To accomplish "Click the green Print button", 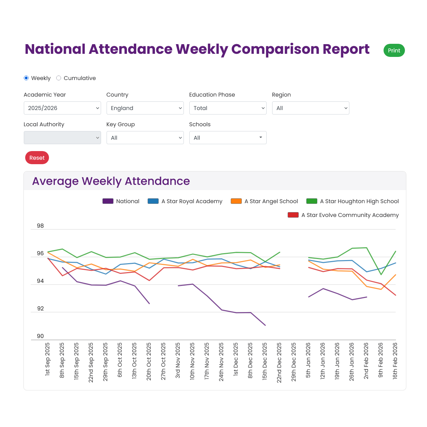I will (x=394, y=50).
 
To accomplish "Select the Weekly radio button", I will (x=26, y=78).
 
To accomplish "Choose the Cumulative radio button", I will (x=59, y=78).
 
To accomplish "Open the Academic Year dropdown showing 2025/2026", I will (x=62, y=108).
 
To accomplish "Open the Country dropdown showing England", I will (x=145, y=108).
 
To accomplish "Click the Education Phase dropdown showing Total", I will (x=228, y=108).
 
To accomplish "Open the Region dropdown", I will (x=310, y=108).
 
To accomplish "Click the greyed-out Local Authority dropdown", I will (x=62, y=138).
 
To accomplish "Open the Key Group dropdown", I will (x=145, y=138).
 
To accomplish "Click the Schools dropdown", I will (x=228, y=138).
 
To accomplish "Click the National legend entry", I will (x=121, y=201).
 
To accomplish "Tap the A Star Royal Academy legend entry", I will (x=185, y=201).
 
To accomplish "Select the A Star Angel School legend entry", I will (x=264, y=201).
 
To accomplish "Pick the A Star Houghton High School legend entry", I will (x=352, y=201).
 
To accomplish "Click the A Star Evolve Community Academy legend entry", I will (x=343, y=215).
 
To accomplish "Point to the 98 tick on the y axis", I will (x=40, y=226).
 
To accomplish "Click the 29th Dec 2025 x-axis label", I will (x=294, y=363).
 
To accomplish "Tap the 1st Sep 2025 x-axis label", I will (x=47, y=359).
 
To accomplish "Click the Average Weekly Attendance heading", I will (x=111, y=181).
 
